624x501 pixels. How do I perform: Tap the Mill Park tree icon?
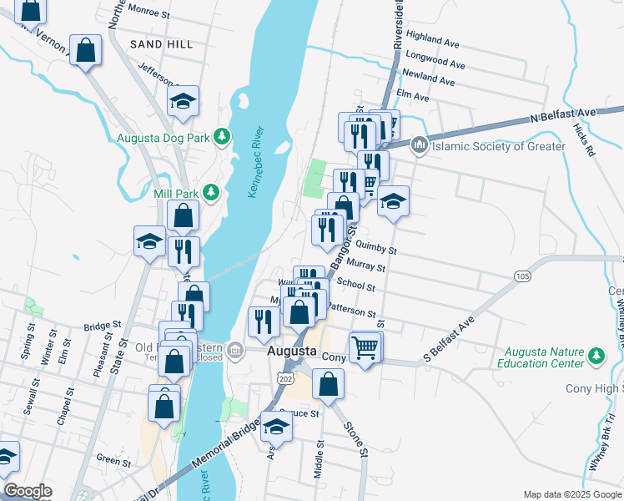211,193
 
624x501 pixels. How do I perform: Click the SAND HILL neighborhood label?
162,44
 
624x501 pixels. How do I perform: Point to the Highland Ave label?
434,39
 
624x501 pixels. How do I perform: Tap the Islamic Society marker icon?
420,146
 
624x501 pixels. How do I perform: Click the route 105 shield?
523,276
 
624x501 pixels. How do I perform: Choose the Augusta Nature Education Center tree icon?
596,357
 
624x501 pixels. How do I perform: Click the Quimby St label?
375,247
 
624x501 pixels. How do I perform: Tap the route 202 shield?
286,379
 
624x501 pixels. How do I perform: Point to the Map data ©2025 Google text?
571,494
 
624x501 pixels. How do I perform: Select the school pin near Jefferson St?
184,102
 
